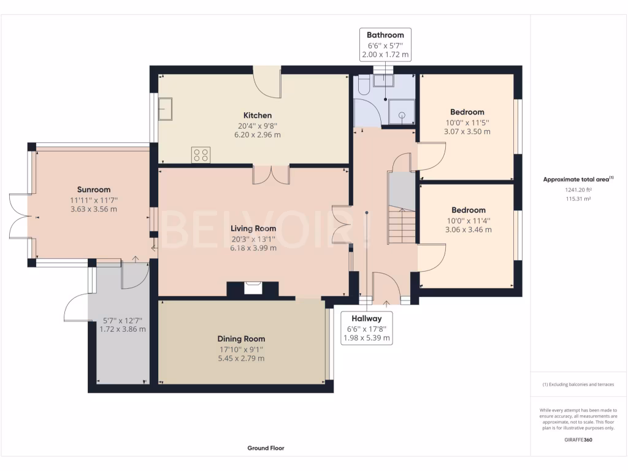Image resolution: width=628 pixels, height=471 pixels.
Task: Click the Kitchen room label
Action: pyautogui.click(x=257, y=115)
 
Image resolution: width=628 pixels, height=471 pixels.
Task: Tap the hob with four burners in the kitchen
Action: pyautogui.click(x=201, y=154)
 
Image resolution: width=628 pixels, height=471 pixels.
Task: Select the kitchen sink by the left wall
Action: pyautogui.click(x=166, y=109)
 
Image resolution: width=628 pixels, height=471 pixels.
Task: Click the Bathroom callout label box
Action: pyautogui.click(x=385, y=45)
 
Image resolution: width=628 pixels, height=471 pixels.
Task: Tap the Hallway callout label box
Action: pyautogui.click(x=367, y=328)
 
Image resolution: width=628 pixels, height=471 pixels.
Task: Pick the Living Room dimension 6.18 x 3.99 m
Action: pyautogui.click(x=253, y=248)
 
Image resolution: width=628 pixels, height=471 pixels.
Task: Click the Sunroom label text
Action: pyautogui.click(x=94, y=190)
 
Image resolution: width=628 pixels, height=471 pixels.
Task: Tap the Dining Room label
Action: pyautogui.click(x=241, y=339)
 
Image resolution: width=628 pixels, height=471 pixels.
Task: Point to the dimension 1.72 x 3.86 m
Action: pyautogui.click(x=123, y=329)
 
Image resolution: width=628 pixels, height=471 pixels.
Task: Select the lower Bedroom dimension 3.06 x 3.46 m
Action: pyautogui.click(x=468, y=230)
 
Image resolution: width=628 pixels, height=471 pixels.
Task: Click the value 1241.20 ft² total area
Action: pyautogui.click(x=578, y=190)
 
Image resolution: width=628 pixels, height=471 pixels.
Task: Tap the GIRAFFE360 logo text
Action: pyautogui.click(x=578, y=440)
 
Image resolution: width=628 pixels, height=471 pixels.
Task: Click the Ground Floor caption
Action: pyautogui.click(x=266, y=448)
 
